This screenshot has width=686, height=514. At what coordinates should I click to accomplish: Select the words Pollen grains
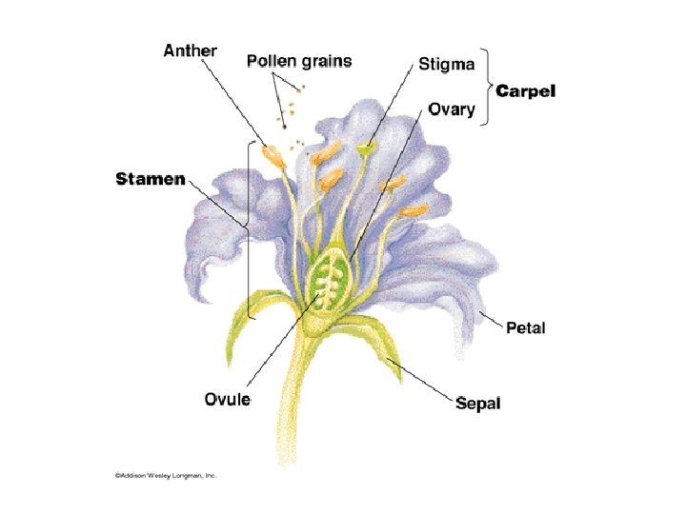click(x=298, y=62)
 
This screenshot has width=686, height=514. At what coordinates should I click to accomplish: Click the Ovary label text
click(x=452, y=109)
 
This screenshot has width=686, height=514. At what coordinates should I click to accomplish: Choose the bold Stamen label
click(x=151, y=179)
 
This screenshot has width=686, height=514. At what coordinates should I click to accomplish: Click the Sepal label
click(x=477, y=404)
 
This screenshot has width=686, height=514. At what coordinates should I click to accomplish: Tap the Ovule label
click(x=228, y=399)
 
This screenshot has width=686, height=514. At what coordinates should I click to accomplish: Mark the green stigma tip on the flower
click(x=366, y=148)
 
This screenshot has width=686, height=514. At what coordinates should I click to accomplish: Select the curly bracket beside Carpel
click(x=488, y=89)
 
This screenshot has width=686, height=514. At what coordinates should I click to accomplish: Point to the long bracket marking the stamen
click(x=250, y=228)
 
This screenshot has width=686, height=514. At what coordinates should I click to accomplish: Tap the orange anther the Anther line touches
click(x=274, y=157)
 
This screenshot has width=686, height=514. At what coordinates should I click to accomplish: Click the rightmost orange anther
click(x=414, y=209)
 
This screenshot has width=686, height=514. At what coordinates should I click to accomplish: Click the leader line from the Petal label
click(x=490, y=318)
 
